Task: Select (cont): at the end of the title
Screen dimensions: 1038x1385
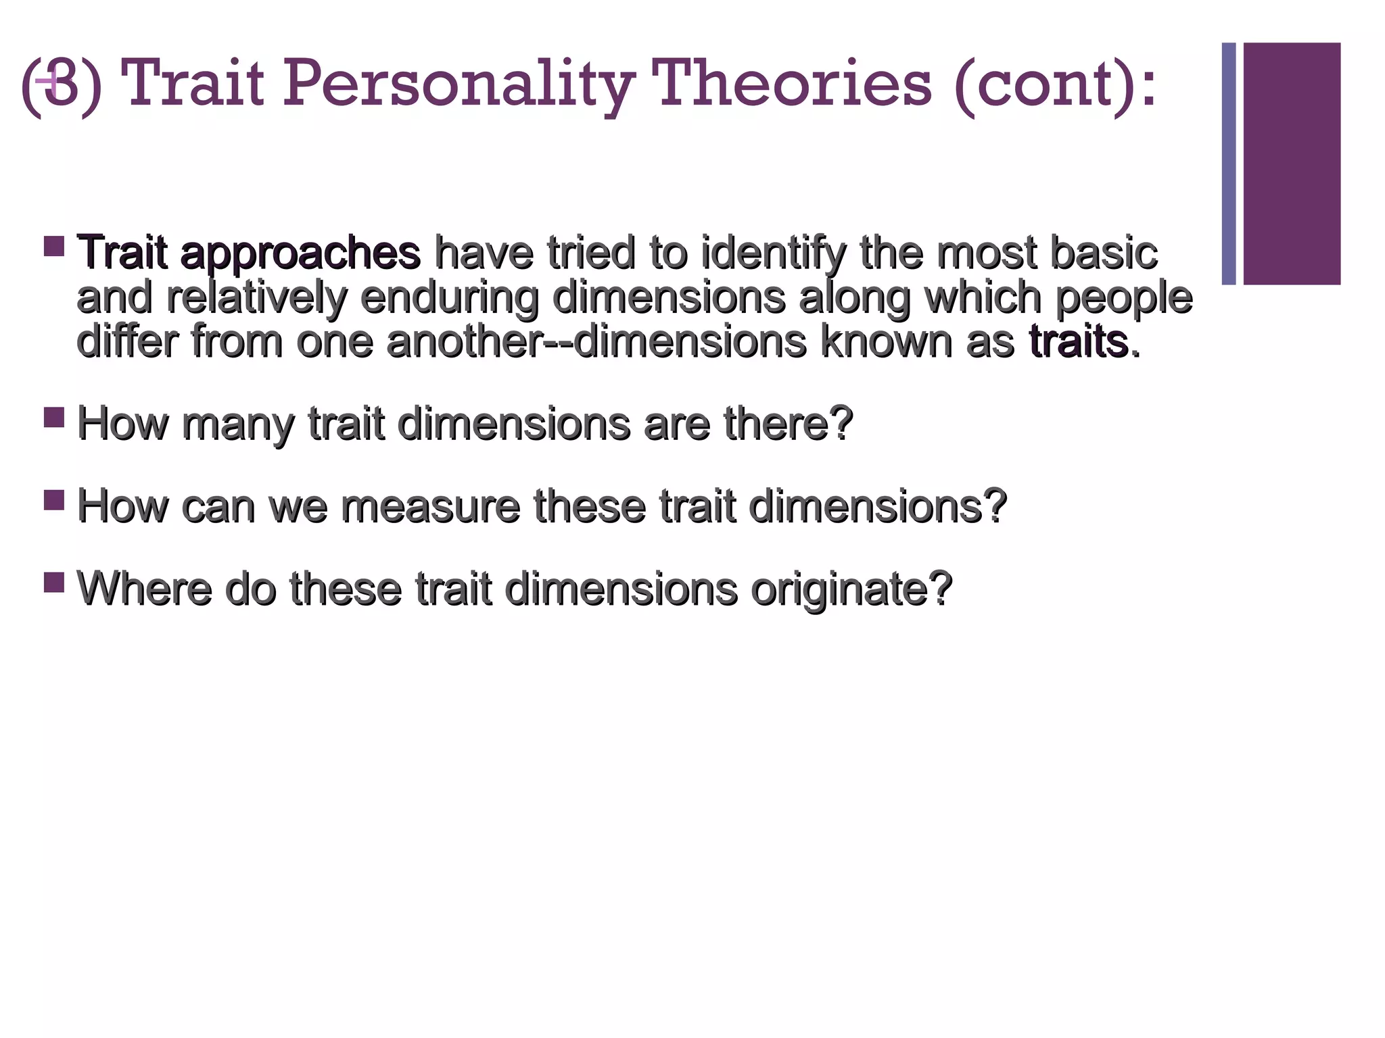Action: coord(1056,84)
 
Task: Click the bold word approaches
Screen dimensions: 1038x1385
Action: coord(300,253)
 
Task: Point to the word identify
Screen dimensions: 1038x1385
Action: coord(774,253)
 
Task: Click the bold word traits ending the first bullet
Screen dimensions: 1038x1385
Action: coord(1079,341)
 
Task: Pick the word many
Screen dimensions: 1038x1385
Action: coord(237,424)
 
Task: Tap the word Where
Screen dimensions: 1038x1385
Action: coord(145,589)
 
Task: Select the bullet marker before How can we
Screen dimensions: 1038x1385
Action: coord(54,499)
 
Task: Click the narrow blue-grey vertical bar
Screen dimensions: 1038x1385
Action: coord(1229,164)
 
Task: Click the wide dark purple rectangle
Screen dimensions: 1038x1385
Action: coord(1292,164)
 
